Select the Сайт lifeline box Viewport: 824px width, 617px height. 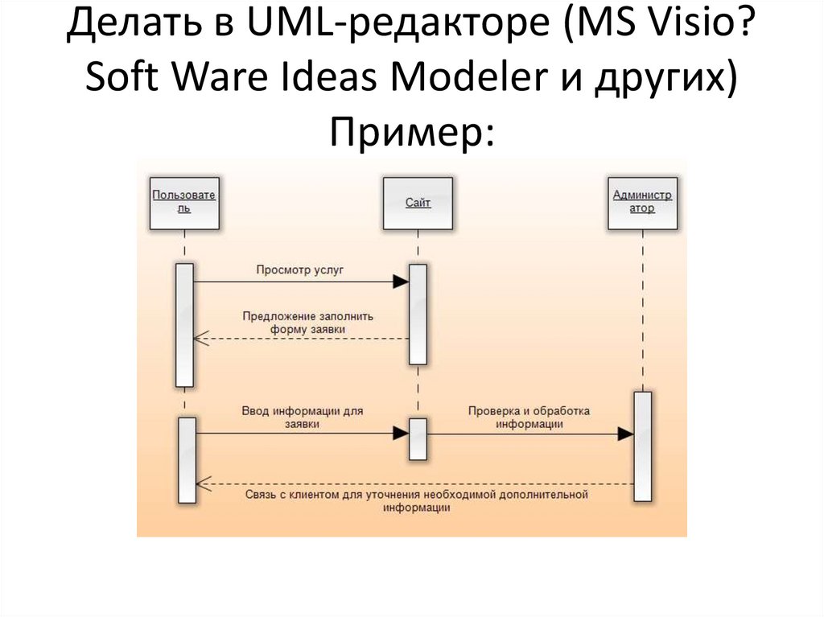418,204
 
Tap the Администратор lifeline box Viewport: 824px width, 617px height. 643,202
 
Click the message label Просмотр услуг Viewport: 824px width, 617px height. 300,270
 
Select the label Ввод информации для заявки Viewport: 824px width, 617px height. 302,416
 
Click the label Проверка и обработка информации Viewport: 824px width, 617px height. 529,417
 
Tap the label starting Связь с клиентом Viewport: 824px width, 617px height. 416,501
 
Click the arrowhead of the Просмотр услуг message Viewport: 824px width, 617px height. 401,282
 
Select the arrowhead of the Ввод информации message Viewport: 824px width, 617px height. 401,433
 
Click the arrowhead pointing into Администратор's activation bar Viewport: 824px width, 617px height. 625,434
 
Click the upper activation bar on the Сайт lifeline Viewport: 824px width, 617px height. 418,314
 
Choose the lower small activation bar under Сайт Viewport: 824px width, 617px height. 418,439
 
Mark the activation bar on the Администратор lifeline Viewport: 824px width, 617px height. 642,446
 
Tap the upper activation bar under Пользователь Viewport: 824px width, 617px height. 184,325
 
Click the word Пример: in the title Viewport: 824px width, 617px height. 411,129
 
